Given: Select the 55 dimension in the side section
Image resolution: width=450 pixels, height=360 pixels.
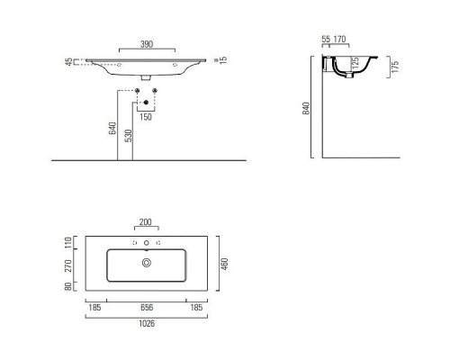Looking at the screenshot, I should (326, 40).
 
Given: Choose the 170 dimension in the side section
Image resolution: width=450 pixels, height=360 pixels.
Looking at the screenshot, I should (342, 40).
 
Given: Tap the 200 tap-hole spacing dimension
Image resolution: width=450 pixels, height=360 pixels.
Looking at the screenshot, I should (147, 223).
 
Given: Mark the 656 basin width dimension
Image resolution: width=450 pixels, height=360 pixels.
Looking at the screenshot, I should (147, 307).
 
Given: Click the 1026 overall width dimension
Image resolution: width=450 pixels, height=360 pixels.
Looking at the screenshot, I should (147, 323).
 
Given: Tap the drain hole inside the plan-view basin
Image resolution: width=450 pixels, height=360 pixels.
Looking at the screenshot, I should (147, 262).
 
